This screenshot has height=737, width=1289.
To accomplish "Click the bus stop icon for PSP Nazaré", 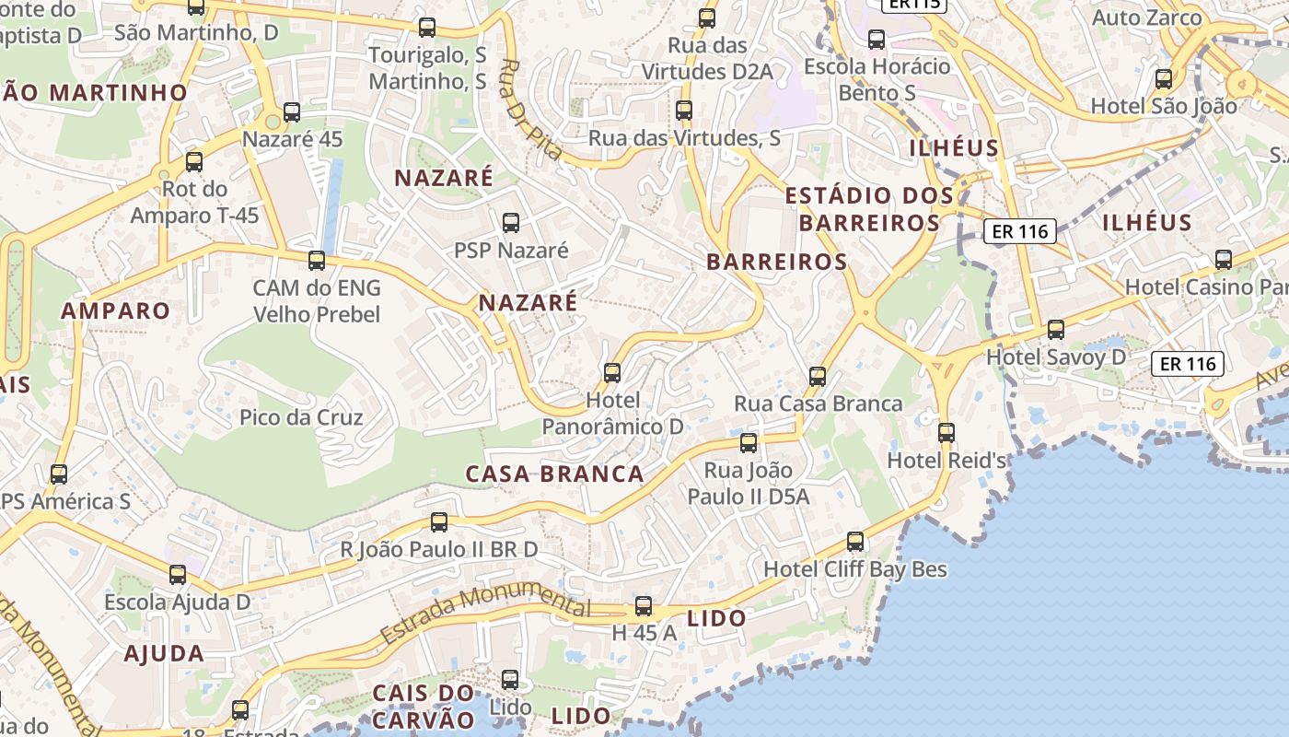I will pyautogui.click(x=511, y=223).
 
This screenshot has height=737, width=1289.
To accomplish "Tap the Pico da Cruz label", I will pyautogui.click(x=301, y=417).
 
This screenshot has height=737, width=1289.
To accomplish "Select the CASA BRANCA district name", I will pyautogui.click(x=554, y=474).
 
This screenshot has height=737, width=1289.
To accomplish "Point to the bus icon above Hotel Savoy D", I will pyautogui.click(x=1056, y=330).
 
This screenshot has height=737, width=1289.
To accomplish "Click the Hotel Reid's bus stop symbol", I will pyautogui.click(x=946, y=433).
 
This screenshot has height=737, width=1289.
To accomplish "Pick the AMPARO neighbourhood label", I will pyautogui.click(x=116, y=311).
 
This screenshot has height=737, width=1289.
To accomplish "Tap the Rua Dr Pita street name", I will pyautogui.click(x=529, y=110).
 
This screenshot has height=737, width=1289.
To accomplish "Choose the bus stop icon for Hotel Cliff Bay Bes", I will pyautogui.click(x=855, y=542).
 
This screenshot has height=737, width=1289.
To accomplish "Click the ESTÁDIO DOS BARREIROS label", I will pyautogui.click(x=869, y=209).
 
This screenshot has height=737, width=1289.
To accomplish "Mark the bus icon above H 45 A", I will pyautogui.click(x=644, y=606).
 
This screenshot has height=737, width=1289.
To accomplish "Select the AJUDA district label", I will pyautogui.click(x=164, y=654).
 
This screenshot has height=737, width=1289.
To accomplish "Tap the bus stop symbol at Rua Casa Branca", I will pyautogui.click(x=818, y=377).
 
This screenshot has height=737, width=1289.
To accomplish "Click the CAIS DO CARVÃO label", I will pyautogui.click(x=424, y=706).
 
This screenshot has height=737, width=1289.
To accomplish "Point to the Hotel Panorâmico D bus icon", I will pyautogui.click(x=612, y=373).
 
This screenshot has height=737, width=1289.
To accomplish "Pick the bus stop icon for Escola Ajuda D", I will pyautogui.click(x=178, y=575).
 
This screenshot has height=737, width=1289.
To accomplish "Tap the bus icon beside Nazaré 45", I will pyautogui.click(x=292, y=112).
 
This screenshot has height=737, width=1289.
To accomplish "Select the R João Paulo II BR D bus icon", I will pyautogui.click(x=439, y=522).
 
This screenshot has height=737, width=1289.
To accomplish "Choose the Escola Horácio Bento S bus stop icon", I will pyautogui.click(x=877, y=40).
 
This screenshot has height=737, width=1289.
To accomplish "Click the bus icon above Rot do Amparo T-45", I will pyautogui.click(x=194, y=162).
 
